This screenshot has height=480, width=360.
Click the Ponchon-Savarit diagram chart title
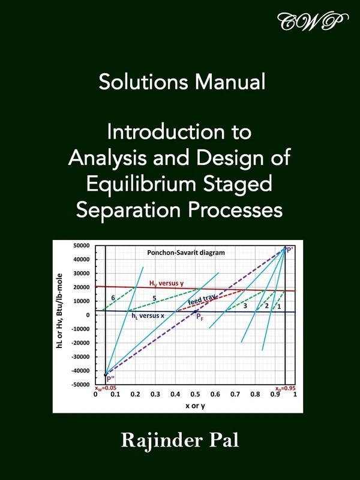click(x=186, y=253)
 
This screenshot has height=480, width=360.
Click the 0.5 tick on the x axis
click(x=195, y=394)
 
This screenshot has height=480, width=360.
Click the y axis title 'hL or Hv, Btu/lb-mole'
click(x=61, y=314)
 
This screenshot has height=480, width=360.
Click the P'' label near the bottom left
click(x=111, y=379)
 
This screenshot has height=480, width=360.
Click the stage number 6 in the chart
click(x=113, y=298)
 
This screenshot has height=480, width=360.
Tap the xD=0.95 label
click(x=284, y=388)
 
